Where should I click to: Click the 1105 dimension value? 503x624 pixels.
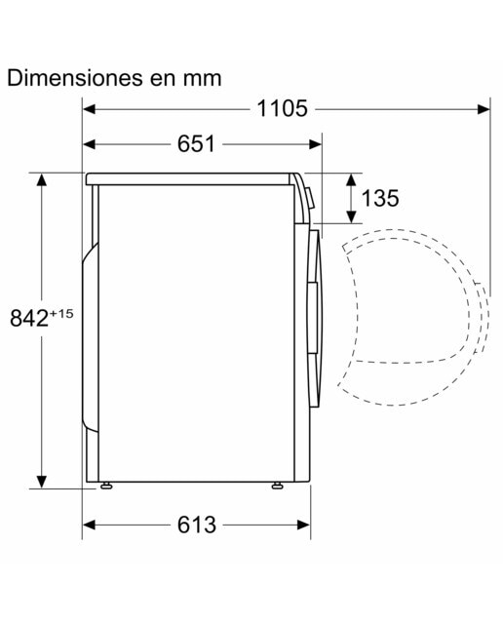point(282,108)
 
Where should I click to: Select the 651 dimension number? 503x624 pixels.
point(196,143)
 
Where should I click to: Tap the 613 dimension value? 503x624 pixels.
point(197,525)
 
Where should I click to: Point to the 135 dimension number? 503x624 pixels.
point(380,198)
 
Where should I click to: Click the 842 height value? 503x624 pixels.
point(29,319)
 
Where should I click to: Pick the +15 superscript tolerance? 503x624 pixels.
point(61,314)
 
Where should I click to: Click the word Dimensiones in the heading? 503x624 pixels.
point(75,78)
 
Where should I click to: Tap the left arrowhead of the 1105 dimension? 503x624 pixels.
point(89,108)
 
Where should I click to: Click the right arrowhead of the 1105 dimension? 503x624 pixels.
point(484,108)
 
